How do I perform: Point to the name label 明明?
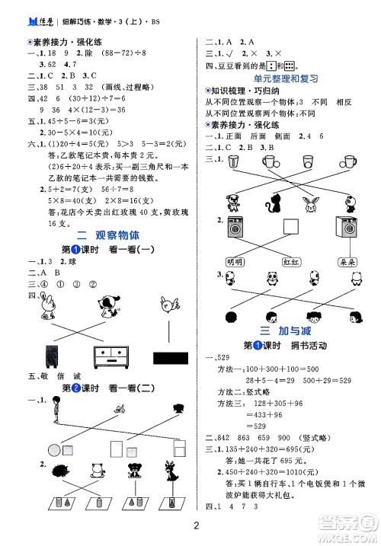(x=239, y=262)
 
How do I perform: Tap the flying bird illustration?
(x=165, y=305)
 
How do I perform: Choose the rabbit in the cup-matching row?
(x=311, y=203)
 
